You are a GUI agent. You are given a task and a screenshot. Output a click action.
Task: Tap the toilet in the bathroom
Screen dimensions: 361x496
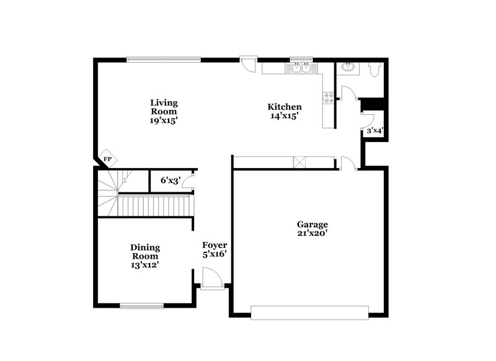pos(373,70)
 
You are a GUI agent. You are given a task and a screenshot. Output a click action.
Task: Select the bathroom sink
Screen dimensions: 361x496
pos(347,67)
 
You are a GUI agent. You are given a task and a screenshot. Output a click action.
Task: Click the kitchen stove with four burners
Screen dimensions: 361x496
pos(329,97)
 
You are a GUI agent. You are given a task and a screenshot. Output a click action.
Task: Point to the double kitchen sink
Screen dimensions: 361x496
pos(301,68)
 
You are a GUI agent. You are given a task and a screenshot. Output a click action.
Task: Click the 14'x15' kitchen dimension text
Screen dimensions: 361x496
pos(285,116)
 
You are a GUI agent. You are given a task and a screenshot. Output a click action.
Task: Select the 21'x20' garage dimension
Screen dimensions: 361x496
pos(312,233)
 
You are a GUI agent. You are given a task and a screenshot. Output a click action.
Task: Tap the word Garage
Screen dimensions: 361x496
pos(312,224)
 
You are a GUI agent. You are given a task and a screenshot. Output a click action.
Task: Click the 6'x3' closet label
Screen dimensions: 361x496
pos(170,180)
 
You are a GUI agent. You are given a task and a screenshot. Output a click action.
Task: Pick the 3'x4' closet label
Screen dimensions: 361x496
pos(374,131)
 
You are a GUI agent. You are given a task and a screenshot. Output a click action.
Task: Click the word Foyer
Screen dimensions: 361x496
pos(215,244)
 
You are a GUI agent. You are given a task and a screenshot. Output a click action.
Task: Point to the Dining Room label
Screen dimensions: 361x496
pos(144,251)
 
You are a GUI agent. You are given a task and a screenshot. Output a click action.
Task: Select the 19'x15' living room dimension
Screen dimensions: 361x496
pos(164,121)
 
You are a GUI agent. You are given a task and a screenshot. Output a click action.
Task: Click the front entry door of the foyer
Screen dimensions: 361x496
pos(212,279)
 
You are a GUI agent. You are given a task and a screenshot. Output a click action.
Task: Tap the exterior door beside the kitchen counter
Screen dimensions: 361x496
pos(248,63)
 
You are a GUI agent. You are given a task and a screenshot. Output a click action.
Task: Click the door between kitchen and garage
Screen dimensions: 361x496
pos(348,163)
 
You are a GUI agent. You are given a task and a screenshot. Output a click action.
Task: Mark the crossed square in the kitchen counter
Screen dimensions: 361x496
pos(300,162)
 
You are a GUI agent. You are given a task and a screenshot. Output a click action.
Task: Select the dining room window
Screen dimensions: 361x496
pos(141,305)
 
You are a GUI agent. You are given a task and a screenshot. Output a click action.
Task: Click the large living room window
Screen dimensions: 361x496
pos(164,60)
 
